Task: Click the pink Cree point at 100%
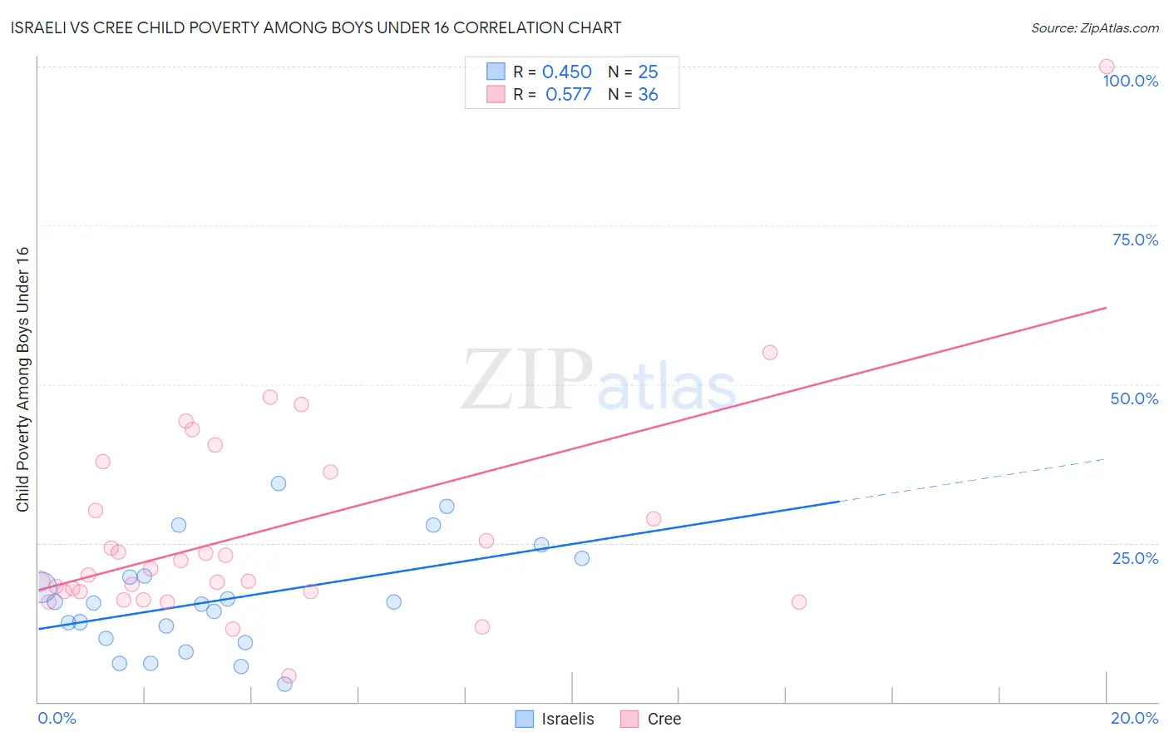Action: (x=1106, y=67)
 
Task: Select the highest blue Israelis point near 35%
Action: (x=279, y=483)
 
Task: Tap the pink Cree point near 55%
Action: (x=770, y=353)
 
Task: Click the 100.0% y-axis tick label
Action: (x=1130, y=81)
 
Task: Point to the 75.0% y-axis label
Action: (x=1135, y=240)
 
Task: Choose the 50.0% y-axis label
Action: (x=1134, y=398)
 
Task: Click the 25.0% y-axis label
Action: (x=1135, y=557)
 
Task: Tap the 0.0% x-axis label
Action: (x=57, y=718)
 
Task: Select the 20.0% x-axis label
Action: (x=1134, y=718)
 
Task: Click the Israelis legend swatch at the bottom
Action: (x=524, y=719)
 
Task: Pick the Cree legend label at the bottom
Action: (x=663, y=719)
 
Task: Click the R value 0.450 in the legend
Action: (x=566, y=72)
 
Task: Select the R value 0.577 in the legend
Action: (x=568, y=95)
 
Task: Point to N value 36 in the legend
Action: (x=648, y=95)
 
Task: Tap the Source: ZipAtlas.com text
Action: (x=1094, y=27)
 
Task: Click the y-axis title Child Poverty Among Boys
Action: (x=22, y=379)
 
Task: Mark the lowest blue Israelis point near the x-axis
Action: (x=284, y=684)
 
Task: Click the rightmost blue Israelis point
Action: (x=582, y=558)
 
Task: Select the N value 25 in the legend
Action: (x=648, y=72)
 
